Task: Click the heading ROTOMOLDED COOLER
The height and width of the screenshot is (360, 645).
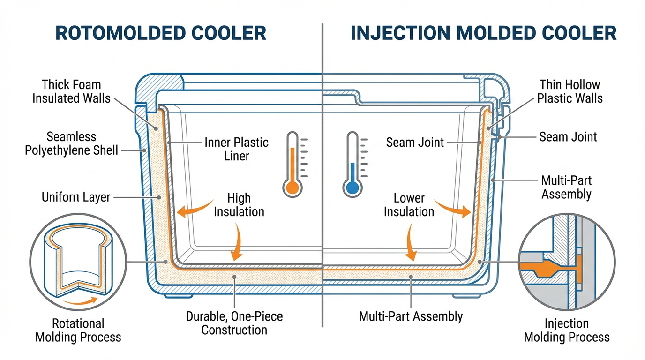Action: tap(161, 33)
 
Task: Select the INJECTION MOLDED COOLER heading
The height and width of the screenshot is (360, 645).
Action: tap(483, 33)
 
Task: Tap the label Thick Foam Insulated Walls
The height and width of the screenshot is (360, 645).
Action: tap(71, 91)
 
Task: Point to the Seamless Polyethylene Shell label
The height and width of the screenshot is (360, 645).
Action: tap(71, 143)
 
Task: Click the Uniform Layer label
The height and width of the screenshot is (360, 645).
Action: tap(76, 197)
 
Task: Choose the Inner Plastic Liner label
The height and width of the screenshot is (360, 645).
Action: tap(237, 149)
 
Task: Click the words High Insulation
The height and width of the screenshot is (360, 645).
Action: tap(239, 205)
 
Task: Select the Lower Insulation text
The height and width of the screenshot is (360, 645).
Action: tap(409, 205)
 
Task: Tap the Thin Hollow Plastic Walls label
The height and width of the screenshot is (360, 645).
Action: tap(570, 91)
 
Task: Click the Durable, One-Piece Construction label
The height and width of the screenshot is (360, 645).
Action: tap(234, 322)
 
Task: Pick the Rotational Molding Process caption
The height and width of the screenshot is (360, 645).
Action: tap(78, 330)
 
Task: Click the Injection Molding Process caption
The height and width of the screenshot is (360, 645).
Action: tap(567, 330)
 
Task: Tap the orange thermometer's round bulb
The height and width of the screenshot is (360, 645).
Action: tap(292, 187)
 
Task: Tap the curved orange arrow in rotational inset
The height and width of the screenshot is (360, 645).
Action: tap(82, 301)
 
